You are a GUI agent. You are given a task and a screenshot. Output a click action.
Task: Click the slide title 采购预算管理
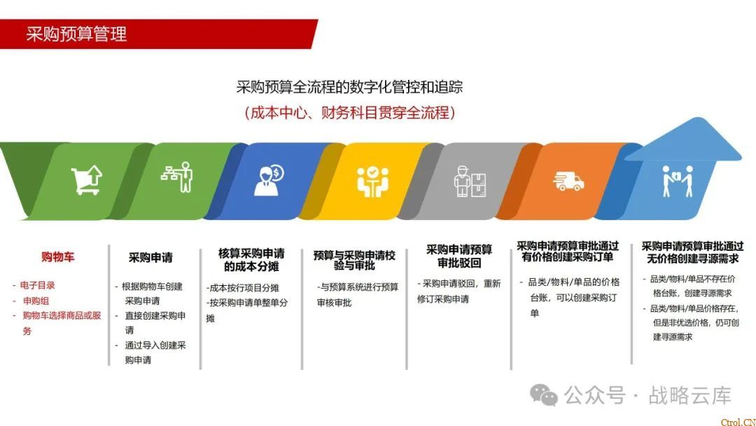pos(76,34)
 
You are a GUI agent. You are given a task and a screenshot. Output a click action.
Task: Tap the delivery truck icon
pos(568,181)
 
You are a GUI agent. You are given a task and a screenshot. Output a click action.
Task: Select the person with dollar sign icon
pos(268,180)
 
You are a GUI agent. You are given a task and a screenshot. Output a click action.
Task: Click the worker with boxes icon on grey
pos(470,181)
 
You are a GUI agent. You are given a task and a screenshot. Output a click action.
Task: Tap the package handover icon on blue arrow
pos(677,181)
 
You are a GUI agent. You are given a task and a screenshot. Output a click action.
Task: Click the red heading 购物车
pos(57,257)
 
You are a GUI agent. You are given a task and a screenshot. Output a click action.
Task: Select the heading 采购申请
pos(150,258)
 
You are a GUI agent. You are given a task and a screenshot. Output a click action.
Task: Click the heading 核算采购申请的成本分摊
pos(251,259)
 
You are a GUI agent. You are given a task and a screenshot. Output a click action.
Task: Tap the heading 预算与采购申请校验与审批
pos(354,260)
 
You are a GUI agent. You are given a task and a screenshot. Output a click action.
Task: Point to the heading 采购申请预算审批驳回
pos(459,256)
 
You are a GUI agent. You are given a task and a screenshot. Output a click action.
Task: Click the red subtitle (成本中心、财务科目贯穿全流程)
pos(349,112)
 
